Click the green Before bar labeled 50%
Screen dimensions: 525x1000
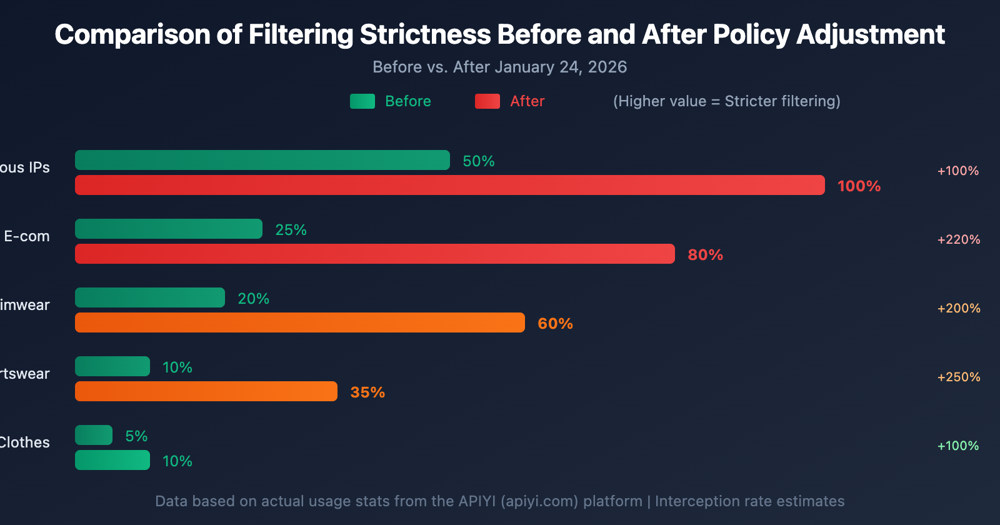tap(262, 160)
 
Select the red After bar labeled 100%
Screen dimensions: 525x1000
tap(450, 185)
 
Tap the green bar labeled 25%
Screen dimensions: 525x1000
tap(169, 229)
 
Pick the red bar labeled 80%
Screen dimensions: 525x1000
tap(375, 254)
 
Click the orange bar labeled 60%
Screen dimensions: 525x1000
tap(300, 322)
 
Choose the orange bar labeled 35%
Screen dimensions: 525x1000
tap(206, 391)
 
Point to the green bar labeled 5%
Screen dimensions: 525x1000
tap(94, 435)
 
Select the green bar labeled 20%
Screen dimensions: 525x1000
tap(150, 297)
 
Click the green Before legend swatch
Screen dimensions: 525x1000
tap(362, 101)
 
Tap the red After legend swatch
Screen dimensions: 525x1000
tap(487, 101)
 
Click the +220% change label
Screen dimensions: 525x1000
tap(959, 239)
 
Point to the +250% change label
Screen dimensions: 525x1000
tap(959, 377)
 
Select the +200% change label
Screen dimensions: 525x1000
tap(959, 308)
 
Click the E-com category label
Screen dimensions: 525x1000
tap(27, 236)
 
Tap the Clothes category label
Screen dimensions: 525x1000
tap(24, 442)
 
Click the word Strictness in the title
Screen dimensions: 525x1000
tap(426, 34)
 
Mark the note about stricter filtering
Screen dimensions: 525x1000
tap(726, 101)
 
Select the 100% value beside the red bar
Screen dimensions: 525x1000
tap(859, 186)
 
